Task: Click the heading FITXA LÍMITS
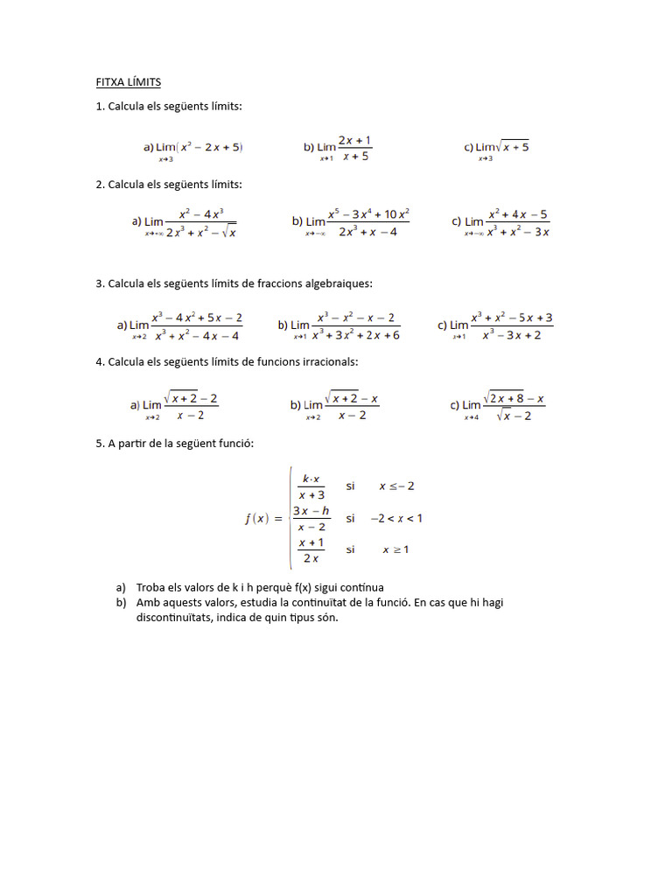pos(129,82)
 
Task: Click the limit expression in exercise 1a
pos(200,147)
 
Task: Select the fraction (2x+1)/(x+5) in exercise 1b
pos(355,148)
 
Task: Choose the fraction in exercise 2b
pos(368,222)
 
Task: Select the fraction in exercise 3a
pos(197,325)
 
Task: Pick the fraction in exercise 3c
pos(512,325)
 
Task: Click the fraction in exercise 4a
pos(191,406)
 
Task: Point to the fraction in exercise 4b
pos(352,406)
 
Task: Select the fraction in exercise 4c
pos(514,406)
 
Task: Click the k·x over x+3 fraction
pos(311,486)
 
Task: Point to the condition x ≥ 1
pos(395,549)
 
